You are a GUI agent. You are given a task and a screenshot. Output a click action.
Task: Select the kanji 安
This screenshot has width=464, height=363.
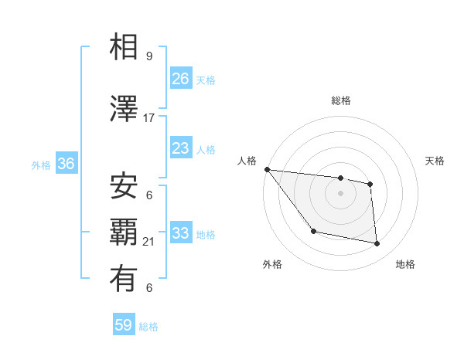[x=124, y=186]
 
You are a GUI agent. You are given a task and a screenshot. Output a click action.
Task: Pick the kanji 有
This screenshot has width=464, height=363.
[x=124, y=279]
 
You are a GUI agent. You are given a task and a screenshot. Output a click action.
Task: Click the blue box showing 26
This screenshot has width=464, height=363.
[x=181, y=79]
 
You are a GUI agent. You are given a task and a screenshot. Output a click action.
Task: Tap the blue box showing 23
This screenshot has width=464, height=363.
[x=181, y=148]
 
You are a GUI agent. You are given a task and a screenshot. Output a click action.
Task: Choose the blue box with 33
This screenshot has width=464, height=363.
[x=181, y=233]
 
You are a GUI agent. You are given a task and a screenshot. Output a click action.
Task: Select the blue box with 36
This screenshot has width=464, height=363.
[x=66, y=164]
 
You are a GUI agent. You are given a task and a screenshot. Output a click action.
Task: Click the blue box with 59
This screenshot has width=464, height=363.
[x=124, y=325]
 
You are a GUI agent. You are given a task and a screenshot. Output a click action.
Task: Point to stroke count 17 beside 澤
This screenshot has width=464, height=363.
[x=149, y=117]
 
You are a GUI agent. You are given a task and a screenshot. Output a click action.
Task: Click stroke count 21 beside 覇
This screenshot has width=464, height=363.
[x=149, y=242]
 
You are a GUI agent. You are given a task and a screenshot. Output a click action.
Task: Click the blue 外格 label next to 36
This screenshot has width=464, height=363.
[x=41, y=165]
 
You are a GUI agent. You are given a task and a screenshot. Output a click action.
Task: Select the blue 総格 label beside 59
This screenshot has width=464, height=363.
[x=148, y=326]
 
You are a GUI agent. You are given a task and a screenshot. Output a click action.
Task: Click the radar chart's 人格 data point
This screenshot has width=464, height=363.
[x=267, y=169]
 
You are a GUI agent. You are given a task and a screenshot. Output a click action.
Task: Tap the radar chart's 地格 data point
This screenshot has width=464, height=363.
[x=377, y=244]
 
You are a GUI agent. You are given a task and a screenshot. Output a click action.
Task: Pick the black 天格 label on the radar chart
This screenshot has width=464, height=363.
[x=435, y=161]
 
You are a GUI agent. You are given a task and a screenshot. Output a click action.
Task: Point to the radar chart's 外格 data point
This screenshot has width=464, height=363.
[x=313, y=231]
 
